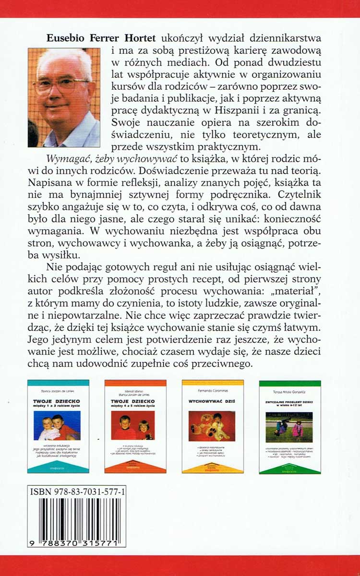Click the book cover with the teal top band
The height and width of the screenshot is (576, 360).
[58, 426]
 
